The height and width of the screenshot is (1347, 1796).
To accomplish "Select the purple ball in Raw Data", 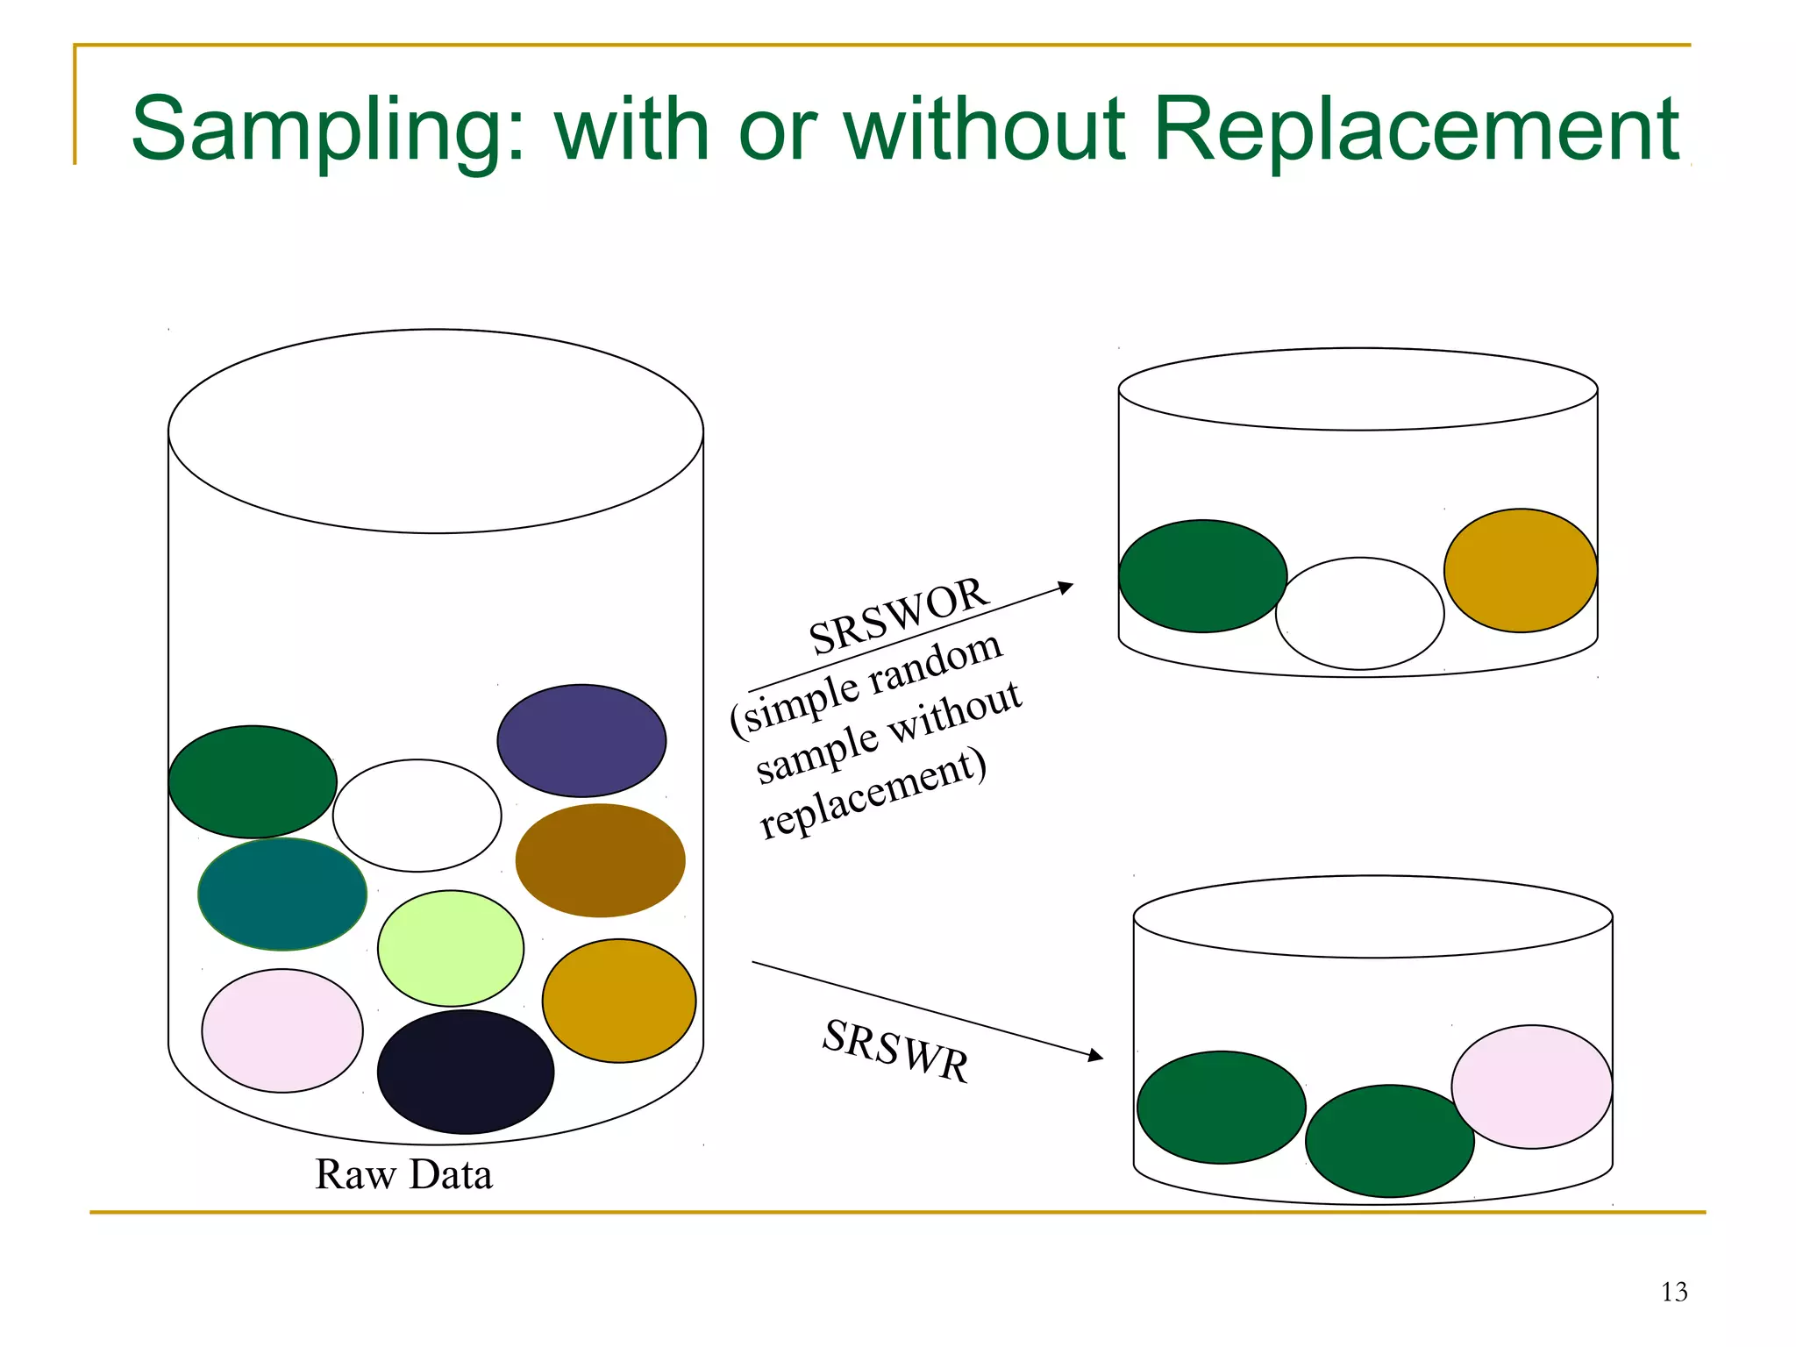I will tap(581, 740).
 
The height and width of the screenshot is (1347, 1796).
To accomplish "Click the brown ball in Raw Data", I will tap(600, 860).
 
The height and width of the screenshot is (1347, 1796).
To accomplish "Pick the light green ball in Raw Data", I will tap(451, 948).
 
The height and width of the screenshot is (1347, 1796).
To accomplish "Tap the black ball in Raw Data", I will tap(466, 1072).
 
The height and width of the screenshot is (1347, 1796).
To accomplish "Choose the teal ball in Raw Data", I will tap(282, 894).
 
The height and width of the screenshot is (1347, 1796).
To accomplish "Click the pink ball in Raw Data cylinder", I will tap(282, 1030).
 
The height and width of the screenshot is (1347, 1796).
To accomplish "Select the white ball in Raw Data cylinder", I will tap(417, 816).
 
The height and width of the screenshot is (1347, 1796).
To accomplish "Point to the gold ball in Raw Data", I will tap(619, 1001).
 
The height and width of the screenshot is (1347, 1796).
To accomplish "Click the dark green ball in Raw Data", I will tap(253, 781).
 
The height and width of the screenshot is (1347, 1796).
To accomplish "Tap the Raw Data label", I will tap(403, 1174).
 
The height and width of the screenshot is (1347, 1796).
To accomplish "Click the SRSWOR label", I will tap(898, 616).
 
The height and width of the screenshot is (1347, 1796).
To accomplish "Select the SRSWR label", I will tap(895, 1051).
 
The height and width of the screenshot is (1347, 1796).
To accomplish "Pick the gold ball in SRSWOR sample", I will tap(1521, 570).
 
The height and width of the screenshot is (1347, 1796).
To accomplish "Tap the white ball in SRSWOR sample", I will tap(1359, 613).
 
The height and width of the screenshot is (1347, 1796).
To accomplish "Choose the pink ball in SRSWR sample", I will tap(1532, 1087).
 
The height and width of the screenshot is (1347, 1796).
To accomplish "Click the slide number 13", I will tap(1674, 1292).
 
